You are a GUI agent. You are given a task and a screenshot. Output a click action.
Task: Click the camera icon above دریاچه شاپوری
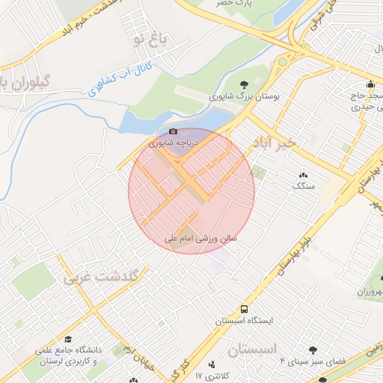tap(174, 131)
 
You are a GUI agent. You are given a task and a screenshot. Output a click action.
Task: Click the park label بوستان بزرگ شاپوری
tap(244, 97)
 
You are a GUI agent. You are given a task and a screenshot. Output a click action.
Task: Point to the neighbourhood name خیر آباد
tap(276, 141)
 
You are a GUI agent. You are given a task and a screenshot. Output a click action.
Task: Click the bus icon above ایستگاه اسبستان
tap(244, 309)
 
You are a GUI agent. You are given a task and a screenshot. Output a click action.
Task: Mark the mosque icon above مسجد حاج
tap(370, 85)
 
